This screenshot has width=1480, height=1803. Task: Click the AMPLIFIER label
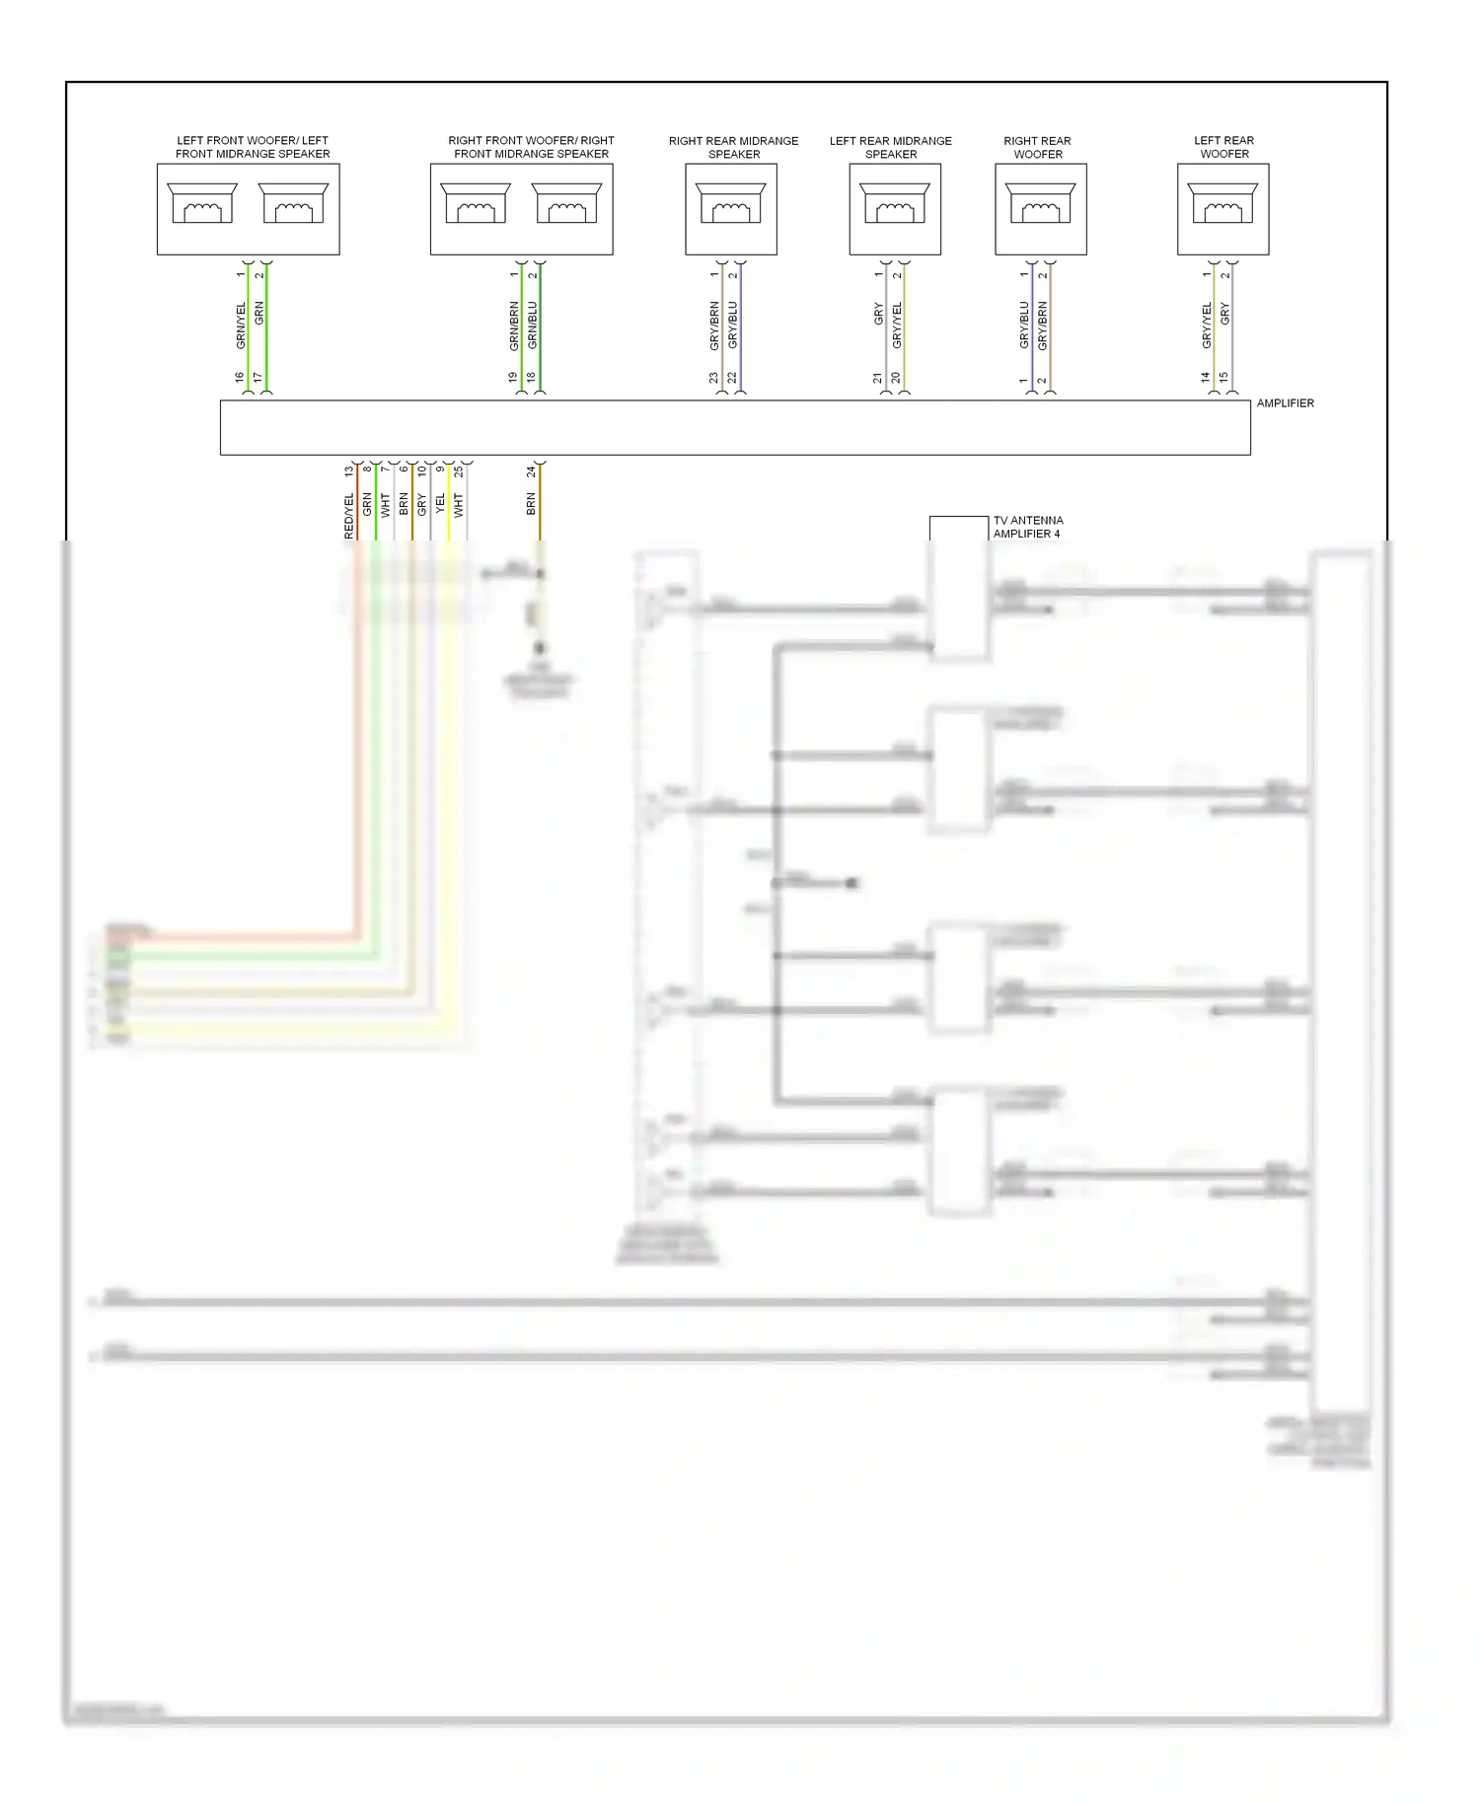(x=1285, y=403)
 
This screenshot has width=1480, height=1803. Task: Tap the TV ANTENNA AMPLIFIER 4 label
(x=1027, y=527)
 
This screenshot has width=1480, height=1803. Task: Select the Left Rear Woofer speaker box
(x=1222, y=209)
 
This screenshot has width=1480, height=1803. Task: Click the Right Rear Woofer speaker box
(x=1040, y=209)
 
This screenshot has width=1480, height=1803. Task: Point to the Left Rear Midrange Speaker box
(x=895, y=209)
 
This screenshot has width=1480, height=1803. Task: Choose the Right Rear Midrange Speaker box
(x=731, y=209)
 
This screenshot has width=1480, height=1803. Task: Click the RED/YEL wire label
(x=348, y=516)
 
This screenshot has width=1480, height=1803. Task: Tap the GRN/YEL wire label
(x=241, y=325)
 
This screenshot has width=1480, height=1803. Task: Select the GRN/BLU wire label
(x=533, y=325)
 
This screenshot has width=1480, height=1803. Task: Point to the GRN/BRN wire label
(x=514, y=326)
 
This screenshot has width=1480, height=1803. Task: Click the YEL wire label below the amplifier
(x=440, y=504)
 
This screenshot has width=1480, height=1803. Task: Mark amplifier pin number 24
(x=531, y=472)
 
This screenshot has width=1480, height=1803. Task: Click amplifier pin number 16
(x=240, y=378)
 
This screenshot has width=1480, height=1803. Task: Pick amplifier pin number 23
(x=713, y=378)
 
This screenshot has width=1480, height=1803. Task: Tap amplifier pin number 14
(x=1205, y=378)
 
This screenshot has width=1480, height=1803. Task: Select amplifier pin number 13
(x=348, y=472)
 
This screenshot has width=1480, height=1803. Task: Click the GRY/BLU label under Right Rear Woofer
(x=1024, y=325)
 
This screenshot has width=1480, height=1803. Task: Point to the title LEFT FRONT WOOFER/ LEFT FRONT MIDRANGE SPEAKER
(x=253, y=147)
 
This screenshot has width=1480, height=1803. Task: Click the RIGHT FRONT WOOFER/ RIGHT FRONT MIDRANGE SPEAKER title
(x=531, y=147)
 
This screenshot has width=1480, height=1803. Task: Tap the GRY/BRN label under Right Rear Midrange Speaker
(x=714, y=326)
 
